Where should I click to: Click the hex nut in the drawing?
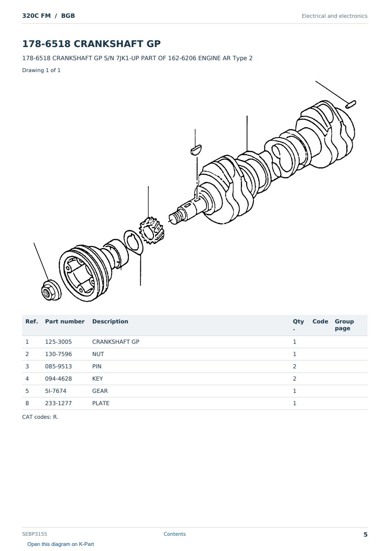tap(51, 290)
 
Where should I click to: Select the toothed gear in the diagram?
tap(151, 230)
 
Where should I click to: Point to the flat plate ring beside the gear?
tap(133, 242)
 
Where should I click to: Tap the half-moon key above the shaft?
tap(196, 150)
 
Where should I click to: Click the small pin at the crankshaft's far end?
tap(351, 104)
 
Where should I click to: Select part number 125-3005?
tap(58, 342)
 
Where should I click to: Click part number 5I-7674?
tap(56, 391)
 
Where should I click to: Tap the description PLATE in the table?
tap(100, 403)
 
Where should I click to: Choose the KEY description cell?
tap(97, 378)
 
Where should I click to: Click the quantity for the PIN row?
tap(295, 366)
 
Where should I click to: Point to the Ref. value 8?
tap(27, 403)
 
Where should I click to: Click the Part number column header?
tap(65, 321)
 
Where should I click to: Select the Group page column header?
tap(344, 325)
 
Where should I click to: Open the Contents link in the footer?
tap(175, 534)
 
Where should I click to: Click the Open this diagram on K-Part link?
tap(61, 544)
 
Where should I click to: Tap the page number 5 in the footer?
tap(365, 534)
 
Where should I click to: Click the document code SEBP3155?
tap(34, 534)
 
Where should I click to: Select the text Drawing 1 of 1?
tap(42, 70)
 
